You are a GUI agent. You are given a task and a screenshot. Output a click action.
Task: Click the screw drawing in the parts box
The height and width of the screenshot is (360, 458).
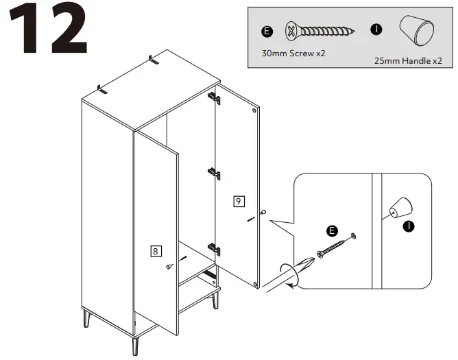tap(320, 31)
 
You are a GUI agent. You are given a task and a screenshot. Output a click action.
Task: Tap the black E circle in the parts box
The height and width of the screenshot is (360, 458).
tap(267, 32)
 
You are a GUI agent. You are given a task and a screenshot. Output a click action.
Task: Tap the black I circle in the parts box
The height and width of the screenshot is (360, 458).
tap(376, 29)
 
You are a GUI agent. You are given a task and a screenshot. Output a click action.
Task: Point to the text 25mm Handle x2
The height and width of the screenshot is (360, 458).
tap(408, 61)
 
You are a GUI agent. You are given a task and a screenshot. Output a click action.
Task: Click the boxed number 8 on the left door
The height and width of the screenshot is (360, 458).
tap(156, 251)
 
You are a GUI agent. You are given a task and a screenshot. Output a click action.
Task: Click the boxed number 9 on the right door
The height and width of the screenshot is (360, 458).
tap(238, 201)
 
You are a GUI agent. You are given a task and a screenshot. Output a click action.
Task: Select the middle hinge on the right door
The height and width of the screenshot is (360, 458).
tap(215, 174)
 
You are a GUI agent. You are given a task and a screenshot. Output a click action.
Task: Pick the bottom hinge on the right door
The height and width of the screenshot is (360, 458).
tap(215, 250)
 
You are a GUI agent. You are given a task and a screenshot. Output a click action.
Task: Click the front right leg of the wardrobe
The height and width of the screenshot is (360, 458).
tap(217, 300)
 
